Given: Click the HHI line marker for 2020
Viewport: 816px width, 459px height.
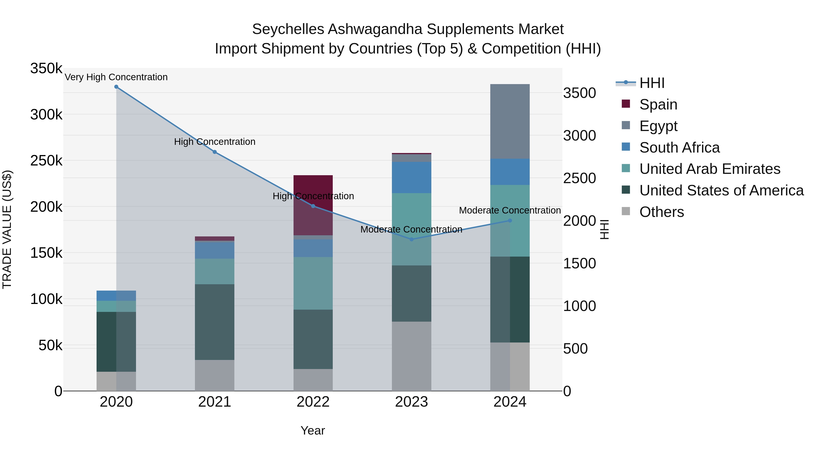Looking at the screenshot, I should pos(116,87).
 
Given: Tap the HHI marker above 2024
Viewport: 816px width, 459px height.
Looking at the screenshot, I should pos(510,221).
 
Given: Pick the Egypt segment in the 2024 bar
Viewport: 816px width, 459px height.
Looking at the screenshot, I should pos(510,121).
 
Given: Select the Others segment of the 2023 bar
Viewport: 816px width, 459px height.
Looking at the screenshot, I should pos(411,356).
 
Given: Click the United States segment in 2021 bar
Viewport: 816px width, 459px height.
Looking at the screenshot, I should pos(214,322).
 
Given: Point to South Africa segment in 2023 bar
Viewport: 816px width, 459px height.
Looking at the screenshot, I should pos(411,177).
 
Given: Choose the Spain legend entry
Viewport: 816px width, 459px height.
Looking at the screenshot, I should pos(658,104).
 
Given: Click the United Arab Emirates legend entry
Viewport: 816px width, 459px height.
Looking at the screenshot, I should pos(709,169).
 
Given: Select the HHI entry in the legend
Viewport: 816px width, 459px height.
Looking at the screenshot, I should pos(652,83).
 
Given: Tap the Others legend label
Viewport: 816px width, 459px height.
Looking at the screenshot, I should pos(661,212).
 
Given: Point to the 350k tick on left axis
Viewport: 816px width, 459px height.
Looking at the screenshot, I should pos(46,68).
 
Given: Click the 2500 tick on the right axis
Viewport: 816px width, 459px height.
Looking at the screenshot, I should pos(579,178).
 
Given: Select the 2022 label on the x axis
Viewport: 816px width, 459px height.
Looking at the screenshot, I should pos(313,402).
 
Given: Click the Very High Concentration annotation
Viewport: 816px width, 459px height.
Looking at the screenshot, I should pos(116,77).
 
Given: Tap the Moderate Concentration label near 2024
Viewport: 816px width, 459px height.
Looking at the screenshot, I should pos(510,210).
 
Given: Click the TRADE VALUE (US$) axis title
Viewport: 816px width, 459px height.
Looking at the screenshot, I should pos(7,229).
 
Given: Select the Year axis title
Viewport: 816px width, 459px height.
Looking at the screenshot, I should pos(313,430).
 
